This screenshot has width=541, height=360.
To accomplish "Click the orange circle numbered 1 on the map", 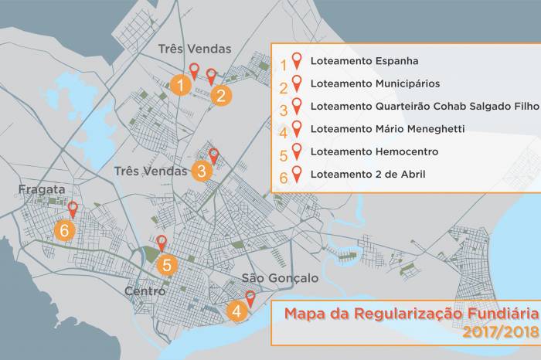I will tap(179, 84).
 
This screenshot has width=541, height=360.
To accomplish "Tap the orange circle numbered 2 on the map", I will tap(221, 96).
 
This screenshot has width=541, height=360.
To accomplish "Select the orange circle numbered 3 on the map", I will tap(201, 171).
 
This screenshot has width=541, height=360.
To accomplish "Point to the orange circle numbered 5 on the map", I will tap(167, 265).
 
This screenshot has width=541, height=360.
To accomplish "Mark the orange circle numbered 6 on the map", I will tap(65, 229).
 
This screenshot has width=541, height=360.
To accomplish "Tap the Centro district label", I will tap(145, 291).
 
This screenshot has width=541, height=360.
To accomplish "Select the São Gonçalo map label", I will tap(269, 278).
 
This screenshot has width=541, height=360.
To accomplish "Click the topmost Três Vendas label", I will tap(194, 49).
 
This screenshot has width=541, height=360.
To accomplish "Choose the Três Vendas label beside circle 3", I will tap(151, 171).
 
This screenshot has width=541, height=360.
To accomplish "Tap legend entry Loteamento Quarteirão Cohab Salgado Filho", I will tap(424, 106).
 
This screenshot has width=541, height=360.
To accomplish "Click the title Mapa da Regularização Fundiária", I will tap(411, 314).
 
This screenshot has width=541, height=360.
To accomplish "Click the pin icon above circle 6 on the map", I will tap(73, 209).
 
